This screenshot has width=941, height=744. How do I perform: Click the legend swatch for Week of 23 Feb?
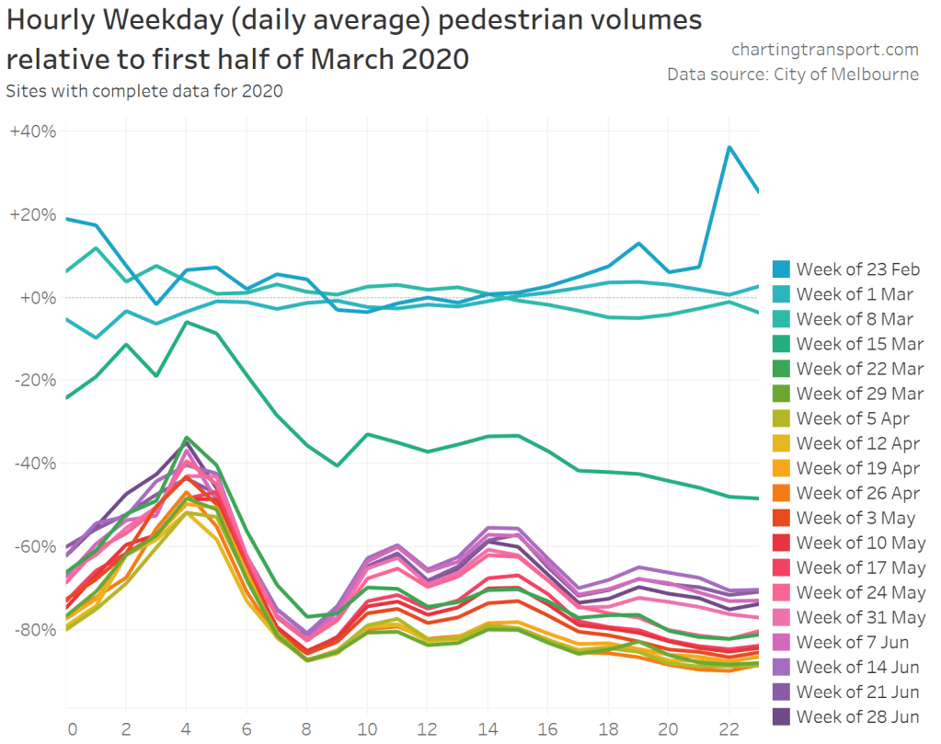(780, 269)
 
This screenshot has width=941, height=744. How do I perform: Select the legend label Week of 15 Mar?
(860, 344)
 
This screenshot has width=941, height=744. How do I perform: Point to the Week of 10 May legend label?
(860, 543)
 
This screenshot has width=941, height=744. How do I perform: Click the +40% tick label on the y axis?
(33, 132)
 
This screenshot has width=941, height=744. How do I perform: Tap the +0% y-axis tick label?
(38, 298)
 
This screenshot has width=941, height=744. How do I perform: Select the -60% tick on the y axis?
(35, 546)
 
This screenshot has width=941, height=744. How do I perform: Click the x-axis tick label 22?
(728, 727)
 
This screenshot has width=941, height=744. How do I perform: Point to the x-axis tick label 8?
(307, 727)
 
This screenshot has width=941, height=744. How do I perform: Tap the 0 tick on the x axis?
(71, 727)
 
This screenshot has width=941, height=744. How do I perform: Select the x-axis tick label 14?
(488, 727)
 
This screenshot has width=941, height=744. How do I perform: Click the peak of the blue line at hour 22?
(729, 147)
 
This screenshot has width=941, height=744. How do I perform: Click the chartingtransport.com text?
(825, 50)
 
